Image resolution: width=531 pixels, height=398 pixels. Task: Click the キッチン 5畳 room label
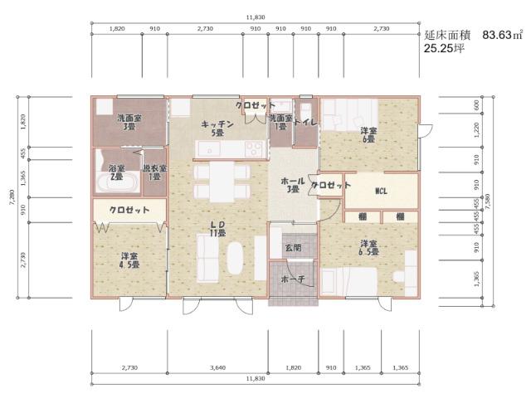coord(217,128)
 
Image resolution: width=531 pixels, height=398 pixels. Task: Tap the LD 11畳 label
coord(218,229)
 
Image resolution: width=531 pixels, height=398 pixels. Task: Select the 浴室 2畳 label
coord(117,172)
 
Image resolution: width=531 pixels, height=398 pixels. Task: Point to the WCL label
coord(381,192)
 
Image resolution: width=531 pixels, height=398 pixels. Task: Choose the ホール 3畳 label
coord(292,184)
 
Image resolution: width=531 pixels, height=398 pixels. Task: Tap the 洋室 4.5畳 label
coord(129,260)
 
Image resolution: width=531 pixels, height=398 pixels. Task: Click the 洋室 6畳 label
coord(369,135)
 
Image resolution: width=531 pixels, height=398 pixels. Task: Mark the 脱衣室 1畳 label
coord(154,172)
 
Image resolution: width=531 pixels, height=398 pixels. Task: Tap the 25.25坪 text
coord(444,49)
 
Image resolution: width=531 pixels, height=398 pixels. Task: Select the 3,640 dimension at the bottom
coord(218,366)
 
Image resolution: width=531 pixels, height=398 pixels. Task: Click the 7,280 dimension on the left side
coord(11,197)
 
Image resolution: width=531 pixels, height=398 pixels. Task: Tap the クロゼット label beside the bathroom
coord(129,210)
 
